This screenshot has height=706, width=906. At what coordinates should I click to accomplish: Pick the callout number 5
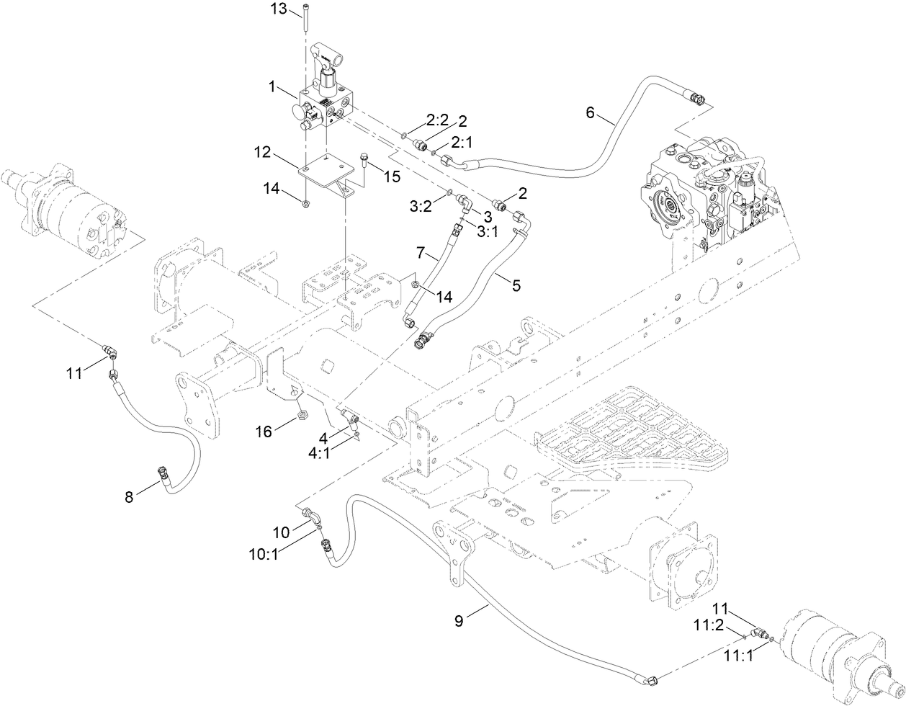coord(516,285)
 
